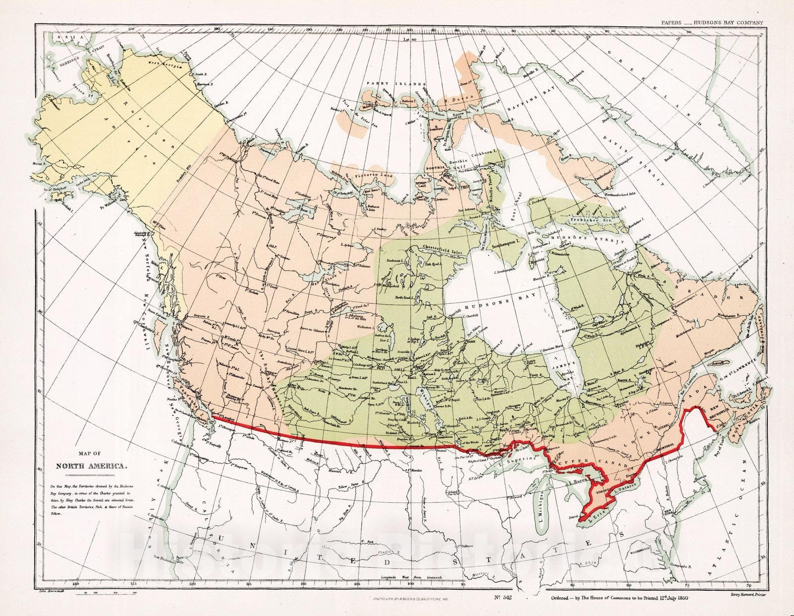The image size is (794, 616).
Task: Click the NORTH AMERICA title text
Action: pos(92,466)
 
